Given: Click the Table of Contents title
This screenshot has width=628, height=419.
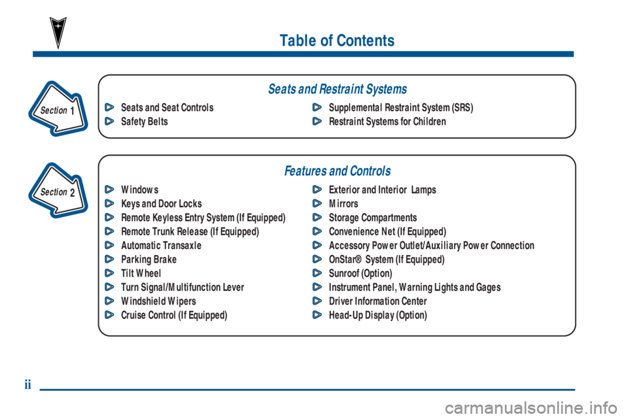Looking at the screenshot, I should [x=337, y=41].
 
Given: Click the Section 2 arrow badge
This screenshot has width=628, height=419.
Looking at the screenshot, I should [x=58, y=191].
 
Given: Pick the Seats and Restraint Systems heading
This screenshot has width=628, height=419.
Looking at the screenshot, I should [x=337, y=89].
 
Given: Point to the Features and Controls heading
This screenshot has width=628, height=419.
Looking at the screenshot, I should [x=337, y=171].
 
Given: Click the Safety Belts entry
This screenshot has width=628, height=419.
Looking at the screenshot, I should [x=144, y=122].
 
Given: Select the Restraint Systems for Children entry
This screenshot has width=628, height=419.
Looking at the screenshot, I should [x=387, y=122].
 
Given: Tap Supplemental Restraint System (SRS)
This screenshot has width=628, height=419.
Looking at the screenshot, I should [x=400, y=107].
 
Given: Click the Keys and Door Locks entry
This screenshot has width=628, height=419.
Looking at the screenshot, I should [x=161, y=204].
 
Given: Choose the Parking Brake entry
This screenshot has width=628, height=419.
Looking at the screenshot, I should [x=148, y=260].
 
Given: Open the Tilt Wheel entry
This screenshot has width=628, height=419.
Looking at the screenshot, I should [x=141, y=273].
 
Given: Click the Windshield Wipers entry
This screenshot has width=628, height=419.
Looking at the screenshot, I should [x=158, y=301].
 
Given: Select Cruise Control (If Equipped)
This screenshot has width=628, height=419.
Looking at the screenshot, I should [x=174, y=315].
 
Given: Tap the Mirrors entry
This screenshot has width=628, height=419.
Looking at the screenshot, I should [x=343, y=204].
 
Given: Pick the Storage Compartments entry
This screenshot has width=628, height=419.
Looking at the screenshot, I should [x=372, y=218].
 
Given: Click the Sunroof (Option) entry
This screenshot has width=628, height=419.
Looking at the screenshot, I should [x=360, y=273].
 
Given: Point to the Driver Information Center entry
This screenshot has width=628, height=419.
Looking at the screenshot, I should [x=377, y=301].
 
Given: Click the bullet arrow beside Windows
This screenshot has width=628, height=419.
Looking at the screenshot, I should [x=109, y=190].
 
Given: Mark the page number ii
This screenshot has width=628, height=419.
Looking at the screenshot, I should [x=28, y=385].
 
